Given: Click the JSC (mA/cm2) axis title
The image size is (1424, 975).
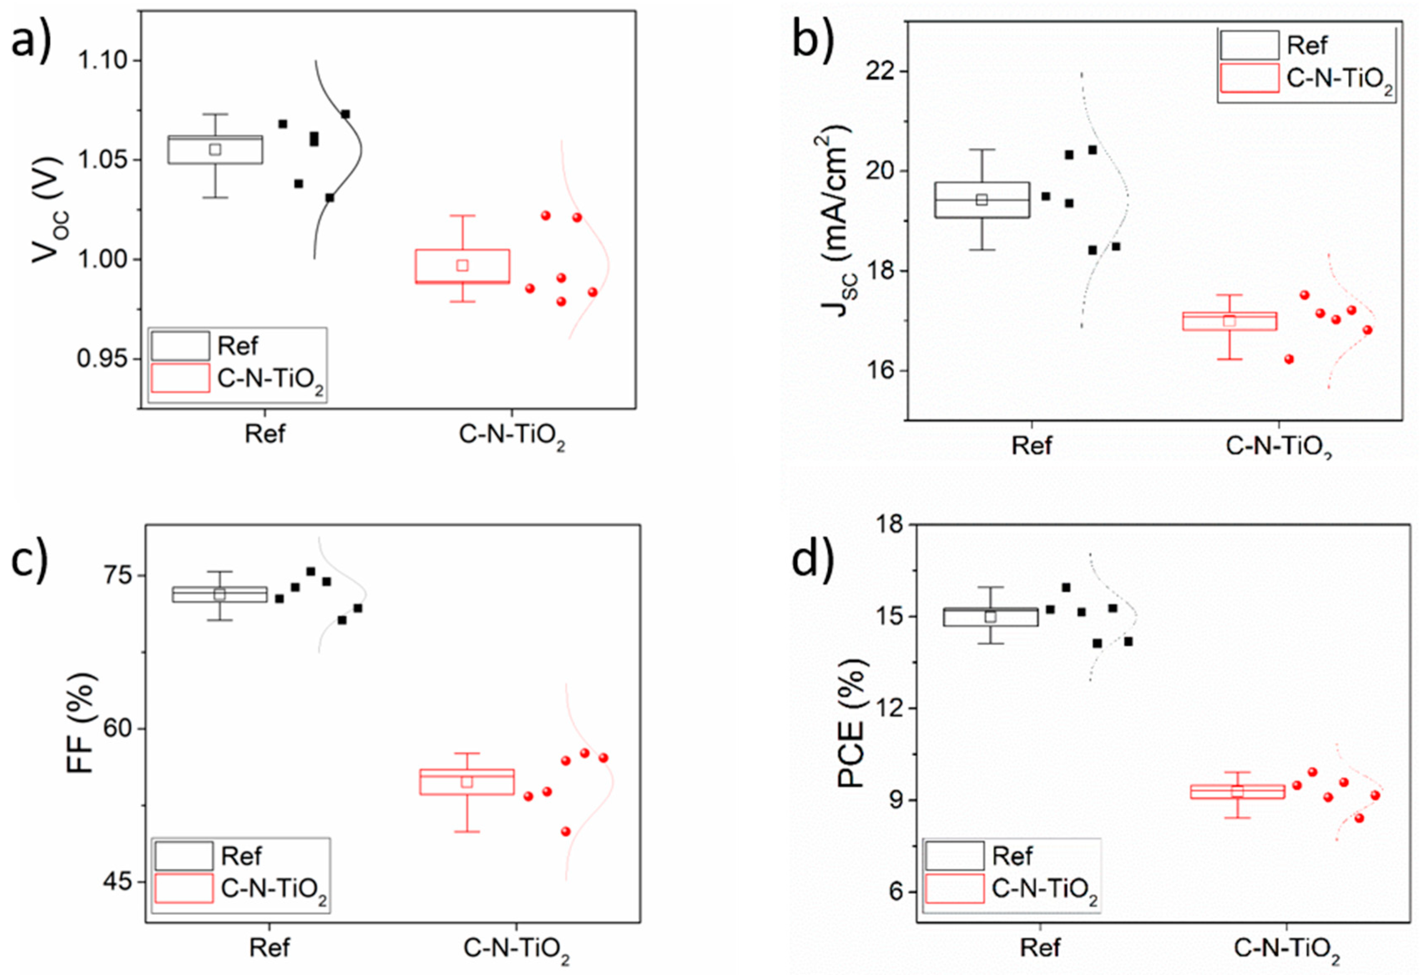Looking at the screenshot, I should [x=835, y=220].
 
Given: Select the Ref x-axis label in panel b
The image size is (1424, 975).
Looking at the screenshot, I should [x=1031, y=446].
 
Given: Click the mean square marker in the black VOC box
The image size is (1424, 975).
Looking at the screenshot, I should [x=215, y=149].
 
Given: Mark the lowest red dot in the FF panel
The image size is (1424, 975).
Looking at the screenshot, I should [x=566, y=832].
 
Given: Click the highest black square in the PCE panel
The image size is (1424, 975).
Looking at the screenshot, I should [x=1066, y=588].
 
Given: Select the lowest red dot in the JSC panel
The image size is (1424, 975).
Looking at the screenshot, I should [x=1289, y=359].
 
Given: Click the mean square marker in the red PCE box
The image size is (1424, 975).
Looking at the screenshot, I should [x=1237, y=791].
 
